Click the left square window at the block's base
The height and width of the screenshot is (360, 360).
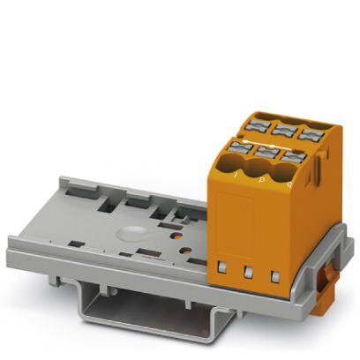(224, 266)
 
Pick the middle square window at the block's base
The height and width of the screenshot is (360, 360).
(249, 272)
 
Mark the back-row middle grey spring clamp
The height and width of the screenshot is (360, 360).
(282, 129)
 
